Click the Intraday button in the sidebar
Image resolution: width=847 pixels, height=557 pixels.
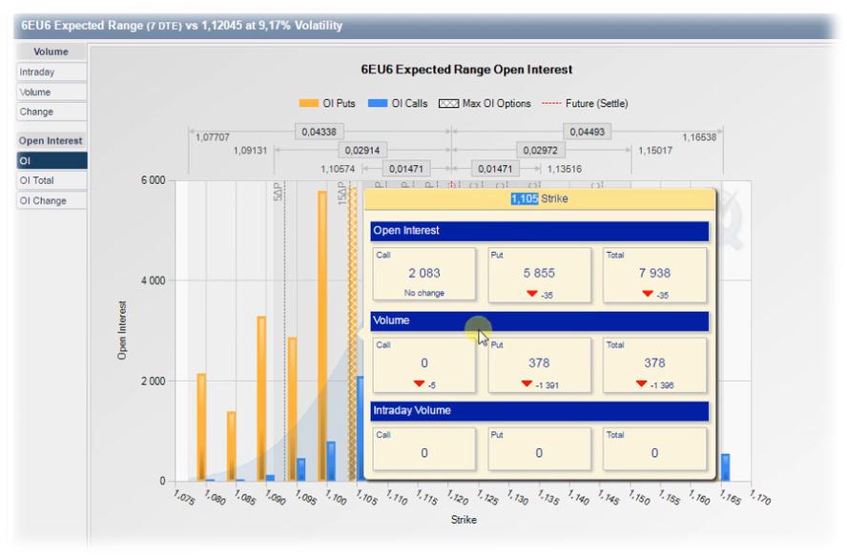tap(37, 72)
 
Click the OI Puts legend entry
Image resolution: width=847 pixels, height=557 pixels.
tap(327, 103)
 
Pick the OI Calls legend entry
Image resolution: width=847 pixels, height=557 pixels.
tap(397, 103)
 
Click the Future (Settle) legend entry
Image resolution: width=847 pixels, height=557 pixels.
tap(585, 103)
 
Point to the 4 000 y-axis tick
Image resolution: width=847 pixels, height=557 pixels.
tap(152, 281)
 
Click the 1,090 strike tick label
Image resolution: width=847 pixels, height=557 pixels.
tap(276, 497)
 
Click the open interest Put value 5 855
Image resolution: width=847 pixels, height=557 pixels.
tap(539, 273)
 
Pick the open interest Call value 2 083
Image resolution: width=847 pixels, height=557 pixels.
tap(423, 273)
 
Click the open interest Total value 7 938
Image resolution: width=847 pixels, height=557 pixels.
tap(654, 273)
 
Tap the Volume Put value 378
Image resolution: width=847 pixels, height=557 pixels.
tap(539, 362)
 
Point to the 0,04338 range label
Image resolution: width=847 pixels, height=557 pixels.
tap(320, 132)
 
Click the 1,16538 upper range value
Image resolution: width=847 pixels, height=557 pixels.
tap(699, 137)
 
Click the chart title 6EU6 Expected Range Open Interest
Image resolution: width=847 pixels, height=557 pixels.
tap(466, 70)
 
